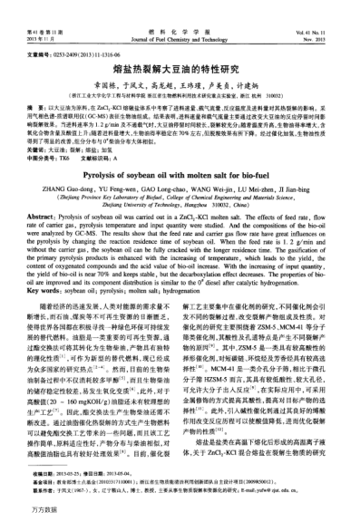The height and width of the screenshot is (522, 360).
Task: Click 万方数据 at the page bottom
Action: pyautogui.click(x=20, y=514)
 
